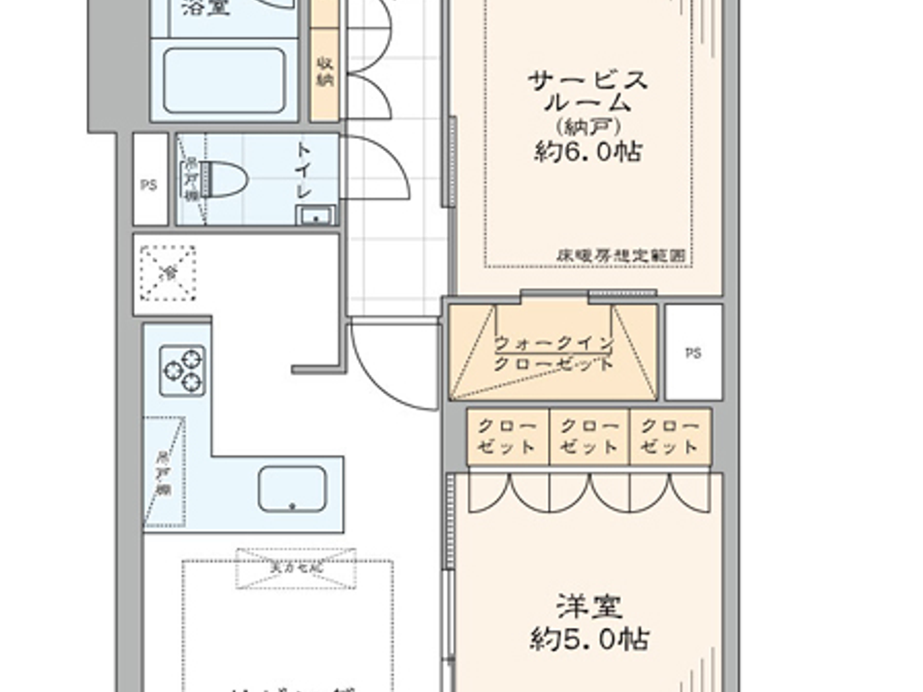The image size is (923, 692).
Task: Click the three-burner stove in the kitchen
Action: [x=183, y=370]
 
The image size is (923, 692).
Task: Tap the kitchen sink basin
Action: [x=292, y=489]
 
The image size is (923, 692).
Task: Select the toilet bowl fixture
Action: [x=224, y=179]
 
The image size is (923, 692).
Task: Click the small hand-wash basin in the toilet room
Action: [x=316, y=216]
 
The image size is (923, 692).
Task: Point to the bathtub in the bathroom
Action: [x=224, y=80]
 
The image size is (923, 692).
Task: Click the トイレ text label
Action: [x=304, y=169]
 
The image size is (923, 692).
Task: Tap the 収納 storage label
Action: [x=324, y=72]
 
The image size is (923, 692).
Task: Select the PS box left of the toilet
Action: [x=150, y=185]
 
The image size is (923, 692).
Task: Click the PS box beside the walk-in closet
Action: [x=693, y=353]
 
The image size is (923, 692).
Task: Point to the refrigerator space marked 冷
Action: [x=168, y=273]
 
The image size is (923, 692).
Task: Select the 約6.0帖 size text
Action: [x=587, y=152]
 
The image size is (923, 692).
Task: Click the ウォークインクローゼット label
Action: [x=554, y=354]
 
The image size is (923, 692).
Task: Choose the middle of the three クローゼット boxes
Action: [x=589, y=436]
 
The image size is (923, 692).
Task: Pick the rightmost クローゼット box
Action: [x=670, y=436]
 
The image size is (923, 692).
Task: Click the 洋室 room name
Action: [x=589, y=607]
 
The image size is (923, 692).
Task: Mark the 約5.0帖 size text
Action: [x=589, y=639]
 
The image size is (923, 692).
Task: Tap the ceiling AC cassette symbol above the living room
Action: [x=296, y=567]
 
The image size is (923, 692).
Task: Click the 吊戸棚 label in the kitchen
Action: [x=163, y=473]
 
